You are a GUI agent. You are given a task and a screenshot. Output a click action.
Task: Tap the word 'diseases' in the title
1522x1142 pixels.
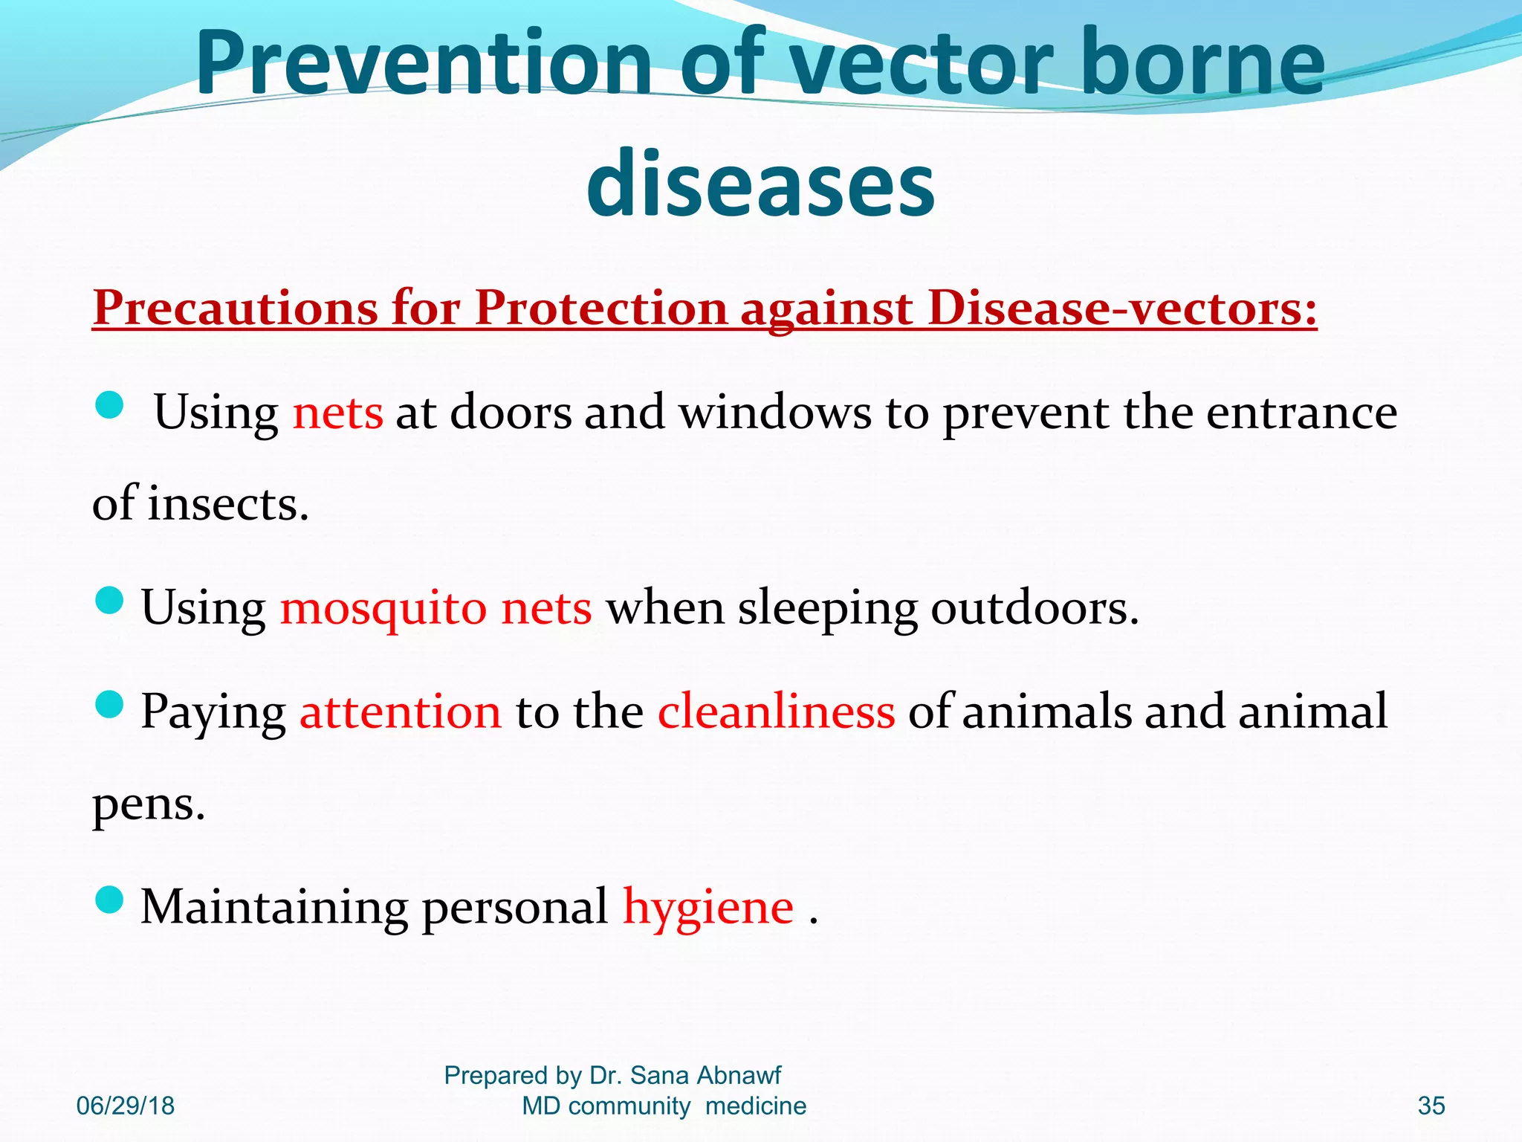[760, 183]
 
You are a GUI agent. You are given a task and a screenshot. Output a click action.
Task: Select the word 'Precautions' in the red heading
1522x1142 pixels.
[236, 307]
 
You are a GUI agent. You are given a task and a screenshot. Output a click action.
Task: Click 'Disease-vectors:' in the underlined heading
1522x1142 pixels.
[1122, 307]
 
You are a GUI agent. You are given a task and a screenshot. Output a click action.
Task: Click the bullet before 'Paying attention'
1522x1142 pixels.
[109, 704]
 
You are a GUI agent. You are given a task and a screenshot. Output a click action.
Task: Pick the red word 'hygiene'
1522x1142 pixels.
[708, 907]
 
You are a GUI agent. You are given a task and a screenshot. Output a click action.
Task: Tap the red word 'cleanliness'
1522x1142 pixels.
[776, 711]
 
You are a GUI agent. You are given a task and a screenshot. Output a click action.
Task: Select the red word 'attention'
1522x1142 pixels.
[401, 711]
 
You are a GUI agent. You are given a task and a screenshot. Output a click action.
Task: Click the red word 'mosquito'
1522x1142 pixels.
[383, 608]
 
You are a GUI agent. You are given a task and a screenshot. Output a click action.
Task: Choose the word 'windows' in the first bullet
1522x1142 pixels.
[775, 412]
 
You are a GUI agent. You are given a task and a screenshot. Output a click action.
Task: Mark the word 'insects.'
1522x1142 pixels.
[228, 504]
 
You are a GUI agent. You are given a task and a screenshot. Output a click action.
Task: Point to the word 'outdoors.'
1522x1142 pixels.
[1034, 608]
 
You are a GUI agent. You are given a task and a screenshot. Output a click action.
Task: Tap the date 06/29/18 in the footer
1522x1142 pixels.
[126, 1106]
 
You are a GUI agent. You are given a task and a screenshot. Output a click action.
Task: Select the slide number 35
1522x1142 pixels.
[1431, 1106]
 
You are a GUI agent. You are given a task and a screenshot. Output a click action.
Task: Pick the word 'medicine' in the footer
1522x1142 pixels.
[756, 1106]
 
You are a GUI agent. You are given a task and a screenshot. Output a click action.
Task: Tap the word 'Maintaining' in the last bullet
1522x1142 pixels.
[274, 907]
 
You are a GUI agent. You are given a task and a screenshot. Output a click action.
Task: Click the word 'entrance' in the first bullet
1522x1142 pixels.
[1301, 412]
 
